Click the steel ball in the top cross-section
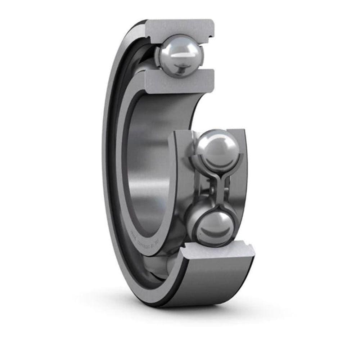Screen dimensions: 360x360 [x=179, y=56]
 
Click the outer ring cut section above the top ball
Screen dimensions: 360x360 [x=180, y=27]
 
